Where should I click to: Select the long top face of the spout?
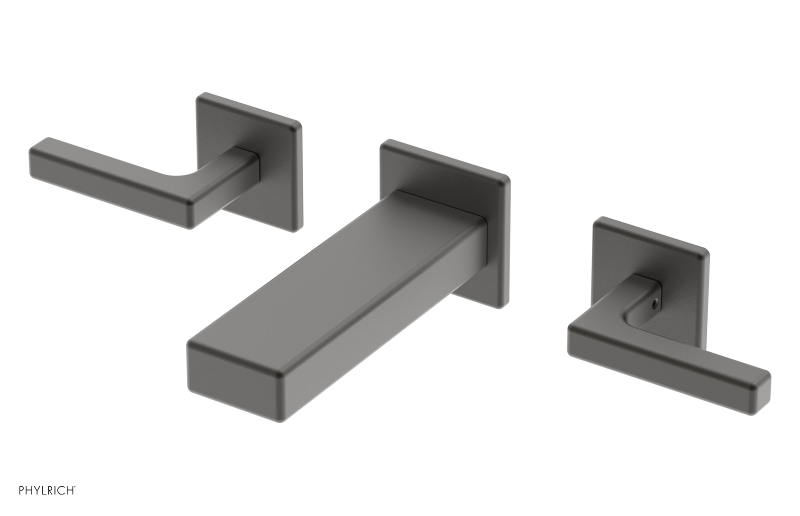click(x=345, y=280)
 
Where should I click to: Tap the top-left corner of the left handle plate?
click(x=200, y=96)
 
